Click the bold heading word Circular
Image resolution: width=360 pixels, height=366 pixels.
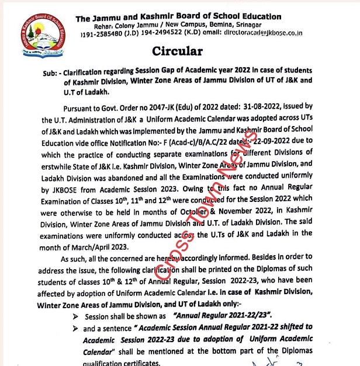click(x=178, y=51)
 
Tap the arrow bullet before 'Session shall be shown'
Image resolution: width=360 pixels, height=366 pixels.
click(x=75, y=316)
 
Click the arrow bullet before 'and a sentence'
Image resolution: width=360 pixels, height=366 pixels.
click(x=75, y=328)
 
